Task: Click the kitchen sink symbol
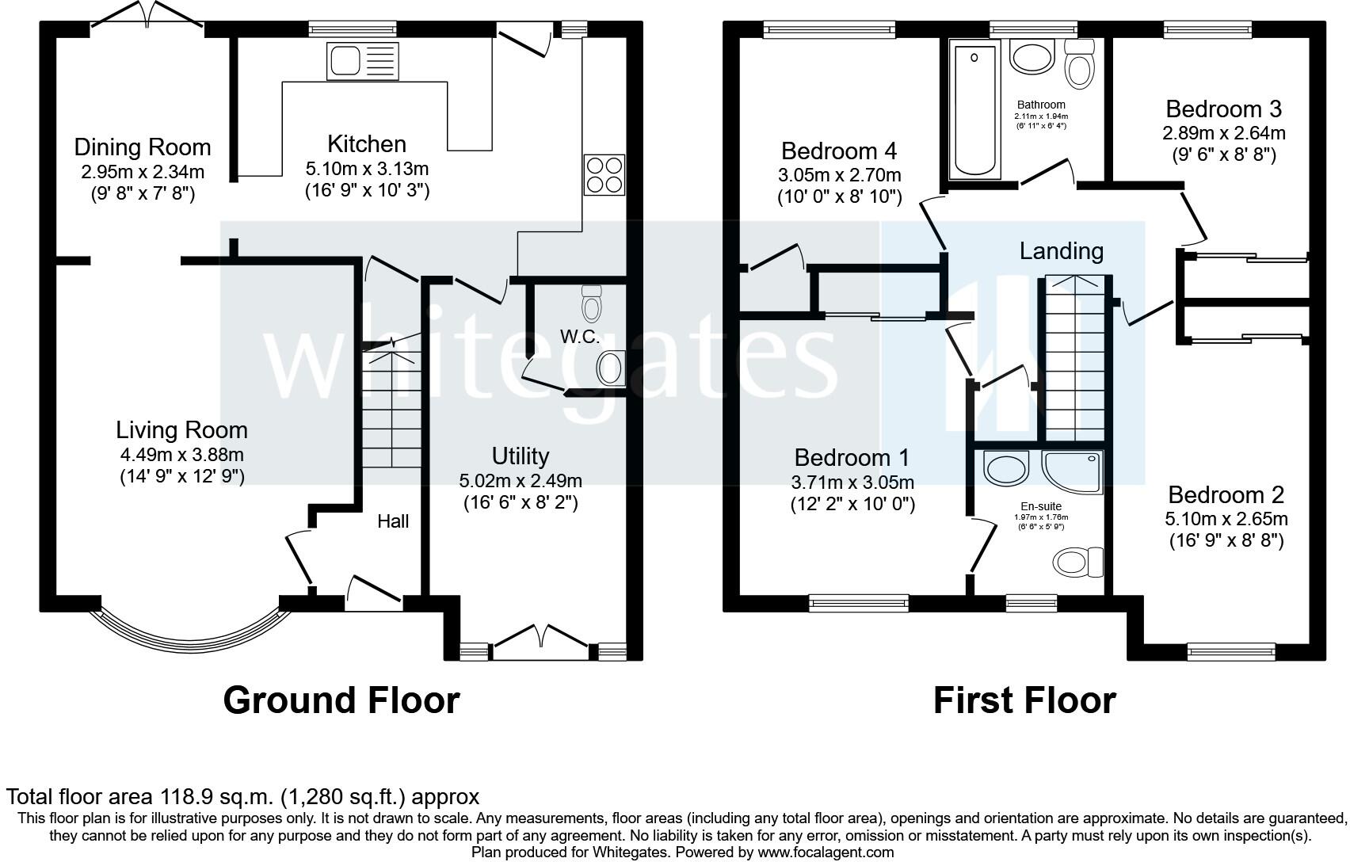click(362, 61)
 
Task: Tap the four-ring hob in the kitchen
click(604, 174)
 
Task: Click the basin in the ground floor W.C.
click(609, 368)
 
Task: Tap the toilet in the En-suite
click(1077, 563)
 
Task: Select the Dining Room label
click(143, 147)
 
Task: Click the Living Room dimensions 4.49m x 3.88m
click(181, 455)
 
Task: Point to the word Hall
click(393, 521)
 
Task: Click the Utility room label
click(520, 456)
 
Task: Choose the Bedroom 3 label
click(1223, 109)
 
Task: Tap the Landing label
click(1061, 251)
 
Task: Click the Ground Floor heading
click(341, 700)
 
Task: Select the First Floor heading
click(1024, 700)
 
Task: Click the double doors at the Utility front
click(542, 638)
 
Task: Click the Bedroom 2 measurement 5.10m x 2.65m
click(1226, 519)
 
